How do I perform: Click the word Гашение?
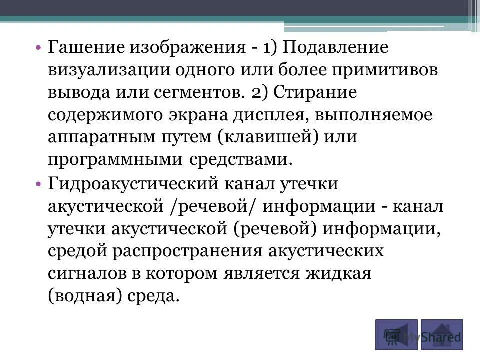click(85, 48)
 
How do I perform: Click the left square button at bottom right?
click(396, 334)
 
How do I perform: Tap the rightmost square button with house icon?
click(442, 334)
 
